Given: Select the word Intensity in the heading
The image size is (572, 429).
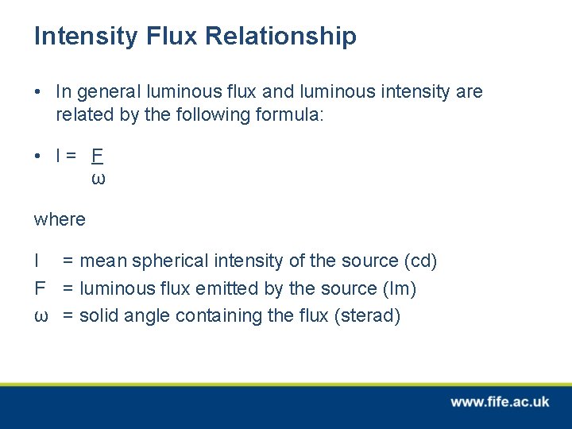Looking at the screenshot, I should click(85, 36).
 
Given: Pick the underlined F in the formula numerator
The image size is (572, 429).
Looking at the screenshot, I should click(98, 156).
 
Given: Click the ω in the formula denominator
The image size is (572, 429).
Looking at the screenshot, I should click(98, 178).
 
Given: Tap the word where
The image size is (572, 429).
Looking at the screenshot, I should click(60, 219).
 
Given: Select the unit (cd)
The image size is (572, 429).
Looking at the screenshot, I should click(421, 261).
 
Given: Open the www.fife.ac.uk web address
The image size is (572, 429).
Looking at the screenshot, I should click(499, 402).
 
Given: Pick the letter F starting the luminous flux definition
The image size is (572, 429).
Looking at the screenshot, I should click(39, 288).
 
